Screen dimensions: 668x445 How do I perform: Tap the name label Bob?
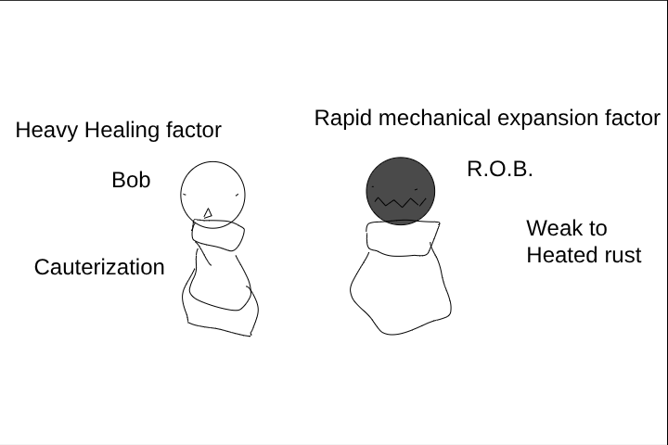point(131,180)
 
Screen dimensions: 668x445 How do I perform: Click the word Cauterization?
point(99,267)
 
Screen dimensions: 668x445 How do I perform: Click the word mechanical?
point(434,118)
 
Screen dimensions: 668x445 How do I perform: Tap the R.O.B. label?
point(500,169)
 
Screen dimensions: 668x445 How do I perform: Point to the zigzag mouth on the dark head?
point(401,203)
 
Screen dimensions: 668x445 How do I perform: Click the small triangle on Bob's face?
point(208,213)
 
